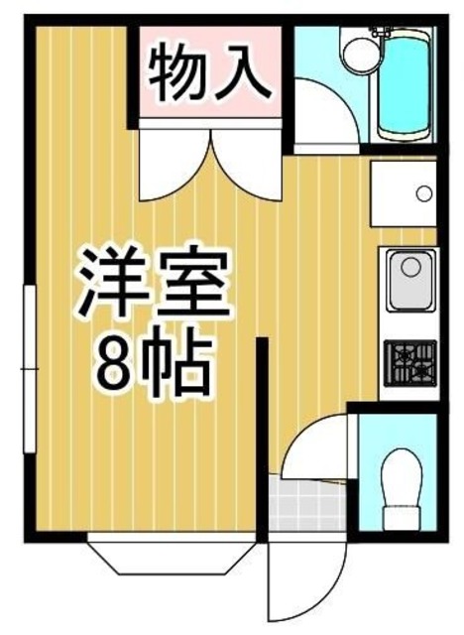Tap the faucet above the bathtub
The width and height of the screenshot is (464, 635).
click(377, 36)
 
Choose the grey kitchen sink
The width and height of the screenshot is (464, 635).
click(408, 280)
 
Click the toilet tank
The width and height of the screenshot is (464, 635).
click(404, 518)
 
